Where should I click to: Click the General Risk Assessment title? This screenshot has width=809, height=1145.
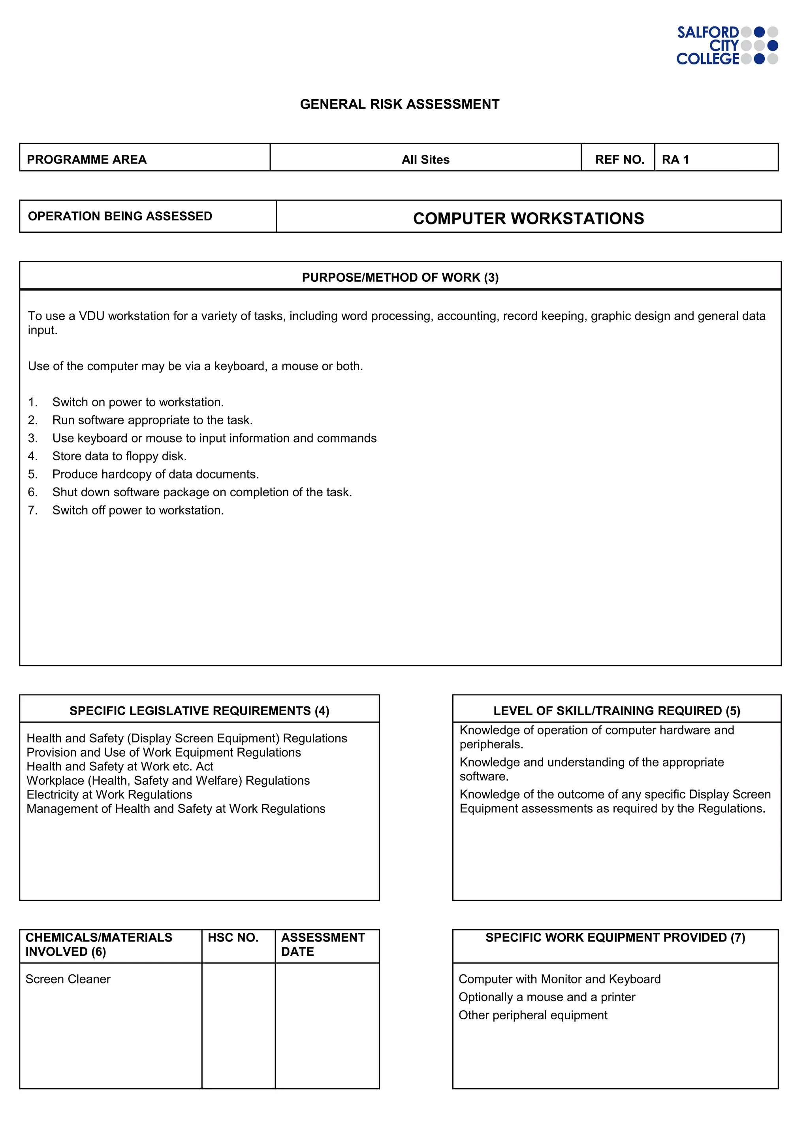tap(399, 104)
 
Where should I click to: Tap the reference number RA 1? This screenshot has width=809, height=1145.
tap(675, 160)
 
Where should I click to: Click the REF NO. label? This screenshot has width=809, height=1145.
tap(619, 160)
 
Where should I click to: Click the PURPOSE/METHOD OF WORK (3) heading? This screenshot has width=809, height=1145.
tap(400, 277)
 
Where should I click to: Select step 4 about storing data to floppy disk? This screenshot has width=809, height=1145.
tap(119, 456)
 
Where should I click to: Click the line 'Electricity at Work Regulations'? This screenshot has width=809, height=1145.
tap(109, 795)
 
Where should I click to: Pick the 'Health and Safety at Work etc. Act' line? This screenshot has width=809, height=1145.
tap(120, 766)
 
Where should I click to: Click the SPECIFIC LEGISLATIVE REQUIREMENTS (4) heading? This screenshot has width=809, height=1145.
tap(199, 711)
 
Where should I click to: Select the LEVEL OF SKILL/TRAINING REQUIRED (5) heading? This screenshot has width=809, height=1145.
tap(616, 711)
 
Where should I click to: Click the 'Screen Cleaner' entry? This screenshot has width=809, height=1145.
tap(68, 979)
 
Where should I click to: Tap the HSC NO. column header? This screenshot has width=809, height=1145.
tap(233, 938)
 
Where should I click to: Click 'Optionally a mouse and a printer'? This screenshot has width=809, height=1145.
tap(546, 997)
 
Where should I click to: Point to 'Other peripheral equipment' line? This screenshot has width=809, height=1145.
tap(532, 1015)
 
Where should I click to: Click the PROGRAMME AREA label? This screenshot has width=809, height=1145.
tap(87, 160)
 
